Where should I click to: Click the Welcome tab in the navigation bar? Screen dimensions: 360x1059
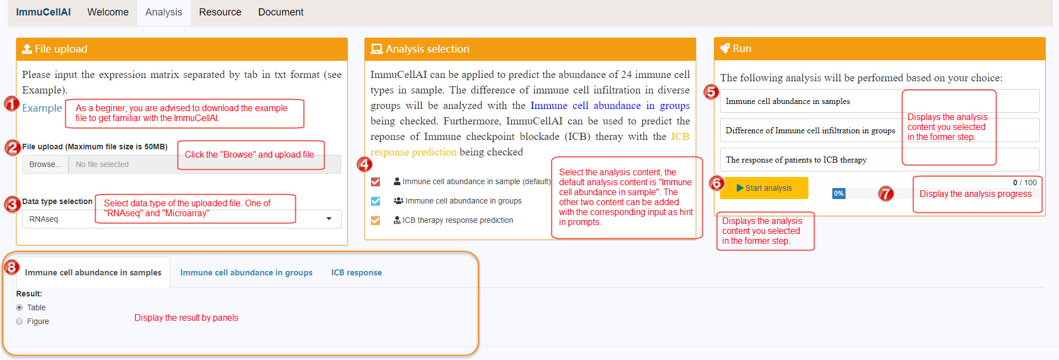click(108, 12)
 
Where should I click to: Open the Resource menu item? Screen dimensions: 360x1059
click(220, 12)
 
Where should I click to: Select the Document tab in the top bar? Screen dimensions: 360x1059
click(281, 12)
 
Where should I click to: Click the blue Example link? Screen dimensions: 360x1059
click(42, 108)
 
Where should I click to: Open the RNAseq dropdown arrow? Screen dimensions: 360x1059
click(329, 219)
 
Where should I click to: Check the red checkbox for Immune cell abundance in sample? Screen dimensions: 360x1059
click(375, 181)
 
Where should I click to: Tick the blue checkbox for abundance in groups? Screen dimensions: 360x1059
click(375, 201)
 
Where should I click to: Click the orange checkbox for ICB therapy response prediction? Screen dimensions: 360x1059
click(375, 220)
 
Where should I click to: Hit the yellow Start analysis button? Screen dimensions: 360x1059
click(764, 188)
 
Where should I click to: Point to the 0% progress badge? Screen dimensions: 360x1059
click(838, 194)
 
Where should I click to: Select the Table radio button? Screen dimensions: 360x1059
click(20, 307)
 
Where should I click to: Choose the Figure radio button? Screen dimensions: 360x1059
click(20, 321)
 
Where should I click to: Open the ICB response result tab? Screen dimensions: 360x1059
click(356, 273)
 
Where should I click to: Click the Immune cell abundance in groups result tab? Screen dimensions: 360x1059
click(246, 273)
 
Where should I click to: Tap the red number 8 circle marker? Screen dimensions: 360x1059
click(12, 268)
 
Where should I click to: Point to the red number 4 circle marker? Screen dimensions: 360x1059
click(364, 164)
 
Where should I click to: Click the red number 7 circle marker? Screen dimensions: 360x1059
click(886, 194)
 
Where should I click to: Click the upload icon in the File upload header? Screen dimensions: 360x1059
click(27, 49)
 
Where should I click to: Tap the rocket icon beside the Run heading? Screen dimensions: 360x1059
click(725, 49)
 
